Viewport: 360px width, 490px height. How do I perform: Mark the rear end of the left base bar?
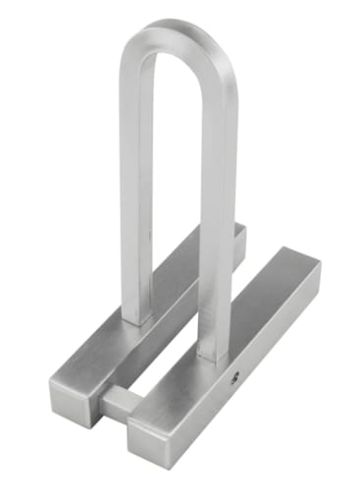click(239, 231)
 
